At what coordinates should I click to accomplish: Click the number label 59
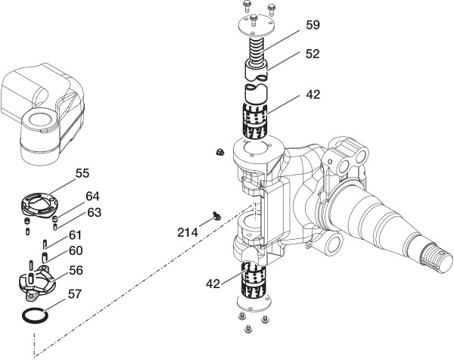coord(313,25)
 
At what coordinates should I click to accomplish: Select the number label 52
coord(313,54)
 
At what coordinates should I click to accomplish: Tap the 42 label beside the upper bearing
coord(313,95)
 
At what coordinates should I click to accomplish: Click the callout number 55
coord(82,173)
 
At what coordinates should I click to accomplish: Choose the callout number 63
coord(94,212)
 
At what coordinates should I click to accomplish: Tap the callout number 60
coord(76,251)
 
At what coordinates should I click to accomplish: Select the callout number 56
coord(76,269)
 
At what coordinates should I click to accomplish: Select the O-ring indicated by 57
coord(33,314)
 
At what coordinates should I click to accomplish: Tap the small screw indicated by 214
coord(215,216)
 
